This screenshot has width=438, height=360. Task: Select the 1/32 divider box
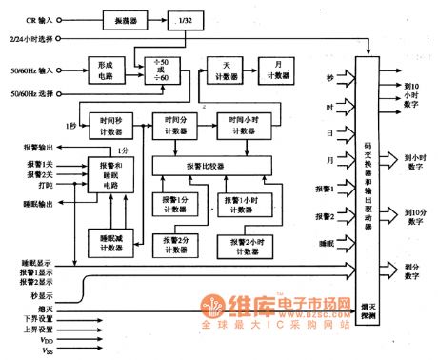point(181,18)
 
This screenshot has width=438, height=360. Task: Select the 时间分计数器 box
point(177,126)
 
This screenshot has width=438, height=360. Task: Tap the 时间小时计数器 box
point(243,126)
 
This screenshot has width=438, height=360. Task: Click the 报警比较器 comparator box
point(206,165)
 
